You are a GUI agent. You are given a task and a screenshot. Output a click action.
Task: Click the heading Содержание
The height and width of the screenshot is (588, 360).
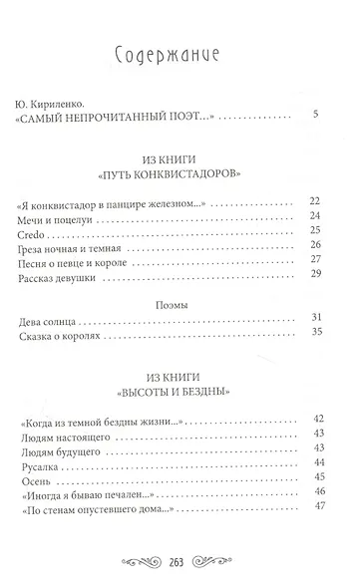179,56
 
